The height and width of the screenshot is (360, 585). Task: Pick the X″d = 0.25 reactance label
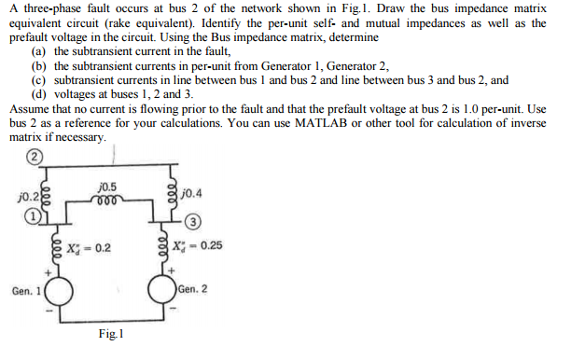(199, 247)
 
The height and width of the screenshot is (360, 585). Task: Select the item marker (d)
(38, 94)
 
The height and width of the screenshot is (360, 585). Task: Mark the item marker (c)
(38, 80)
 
